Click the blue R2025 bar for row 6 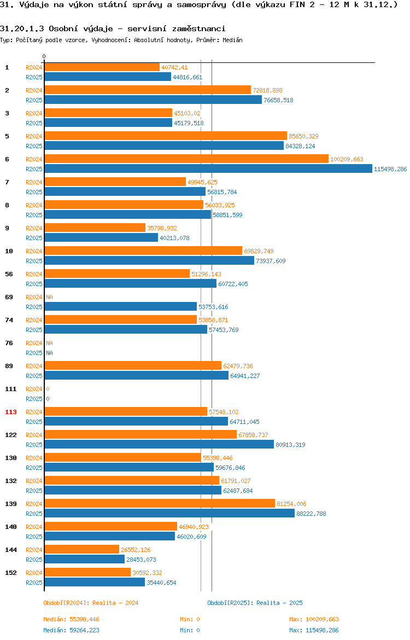pos(208,169)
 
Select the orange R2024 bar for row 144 pos(82,550)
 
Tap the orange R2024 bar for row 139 pos(160,504)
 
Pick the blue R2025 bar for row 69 pos(121,306)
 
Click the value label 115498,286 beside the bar pos(390,169)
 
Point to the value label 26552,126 pos(136,550)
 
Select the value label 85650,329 pos(303,136)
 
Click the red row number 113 pos(10,412)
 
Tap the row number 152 pos(10,573)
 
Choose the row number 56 pos(9,274)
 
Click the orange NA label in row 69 pos(49,297)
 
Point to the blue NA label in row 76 pos(49,353)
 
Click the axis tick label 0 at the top pos(44,57)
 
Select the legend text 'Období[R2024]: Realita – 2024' pos(91,603)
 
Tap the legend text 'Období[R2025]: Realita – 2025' pos(255,603)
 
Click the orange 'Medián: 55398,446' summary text pos(72,619)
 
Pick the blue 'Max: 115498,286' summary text pos(314,630)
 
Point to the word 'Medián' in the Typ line pos(232,40)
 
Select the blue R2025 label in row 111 pos(34,399)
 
